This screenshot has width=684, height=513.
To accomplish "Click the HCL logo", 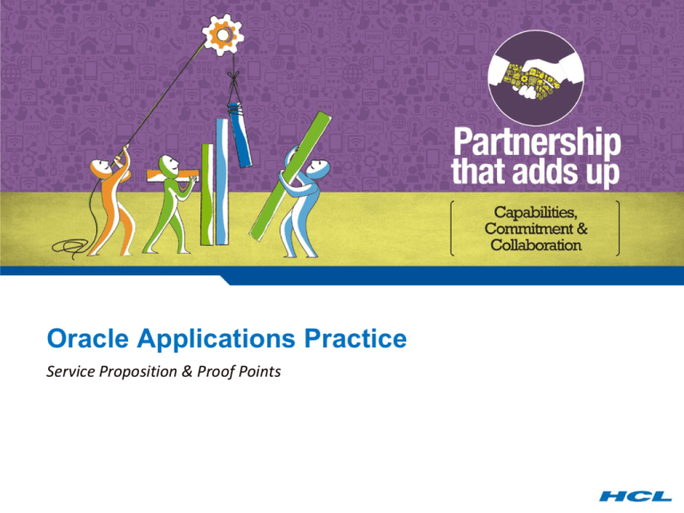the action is (x=635, y=495).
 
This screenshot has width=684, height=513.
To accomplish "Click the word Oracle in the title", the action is (x=87, y=338).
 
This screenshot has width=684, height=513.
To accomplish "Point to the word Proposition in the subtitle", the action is (x=138, y=371).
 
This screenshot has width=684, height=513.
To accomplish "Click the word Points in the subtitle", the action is (x=260, y=371).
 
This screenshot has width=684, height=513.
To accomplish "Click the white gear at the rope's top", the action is (x=223, y=35).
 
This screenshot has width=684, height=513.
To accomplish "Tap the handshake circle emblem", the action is (x=535, y=78).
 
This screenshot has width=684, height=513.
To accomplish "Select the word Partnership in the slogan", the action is (x=537, y=142).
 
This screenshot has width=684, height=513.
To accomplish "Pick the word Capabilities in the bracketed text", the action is (x=535, y=213).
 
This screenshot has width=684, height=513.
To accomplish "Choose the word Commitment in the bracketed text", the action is (x=529, y=229).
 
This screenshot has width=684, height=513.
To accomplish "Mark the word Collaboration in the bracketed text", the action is (x=535, y=245).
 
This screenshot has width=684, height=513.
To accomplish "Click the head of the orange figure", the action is (x=101, y=167).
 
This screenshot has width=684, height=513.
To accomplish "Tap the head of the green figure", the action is (x=168, y=165).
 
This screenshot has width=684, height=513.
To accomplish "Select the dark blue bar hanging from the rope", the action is (x=240, y=134).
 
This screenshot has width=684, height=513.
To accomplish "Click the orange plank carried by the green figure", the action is (x=173, y=175).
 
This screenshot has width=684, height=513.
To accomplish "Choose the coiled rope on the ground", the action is (x=70, y=247).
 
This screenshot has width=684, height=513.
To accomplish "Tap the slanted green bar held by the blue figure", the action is (x=290, y=175).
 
